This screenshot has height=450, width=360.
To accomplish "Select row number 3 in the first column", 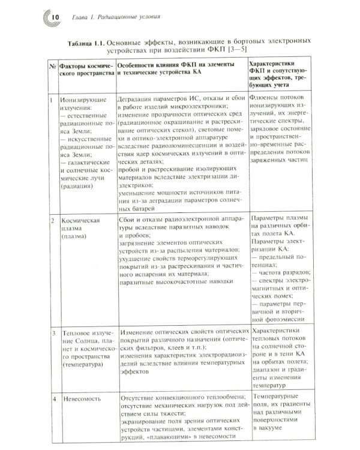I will coord(52,332).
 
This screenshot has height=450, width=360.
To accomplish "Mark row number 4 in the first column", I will coord(53,398).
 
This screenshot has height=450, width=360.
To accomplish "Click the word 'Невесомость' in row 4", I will coord(83,398).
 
